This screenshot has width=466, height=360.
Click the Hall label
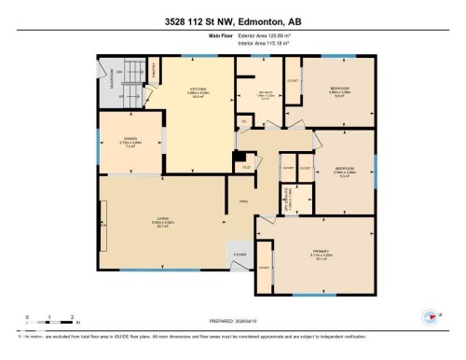pos(243,200)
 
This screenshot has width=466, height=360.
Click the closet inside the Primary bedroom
pos(264,268)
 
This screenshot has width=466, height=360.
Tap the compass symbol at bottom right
pos(432,315)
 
